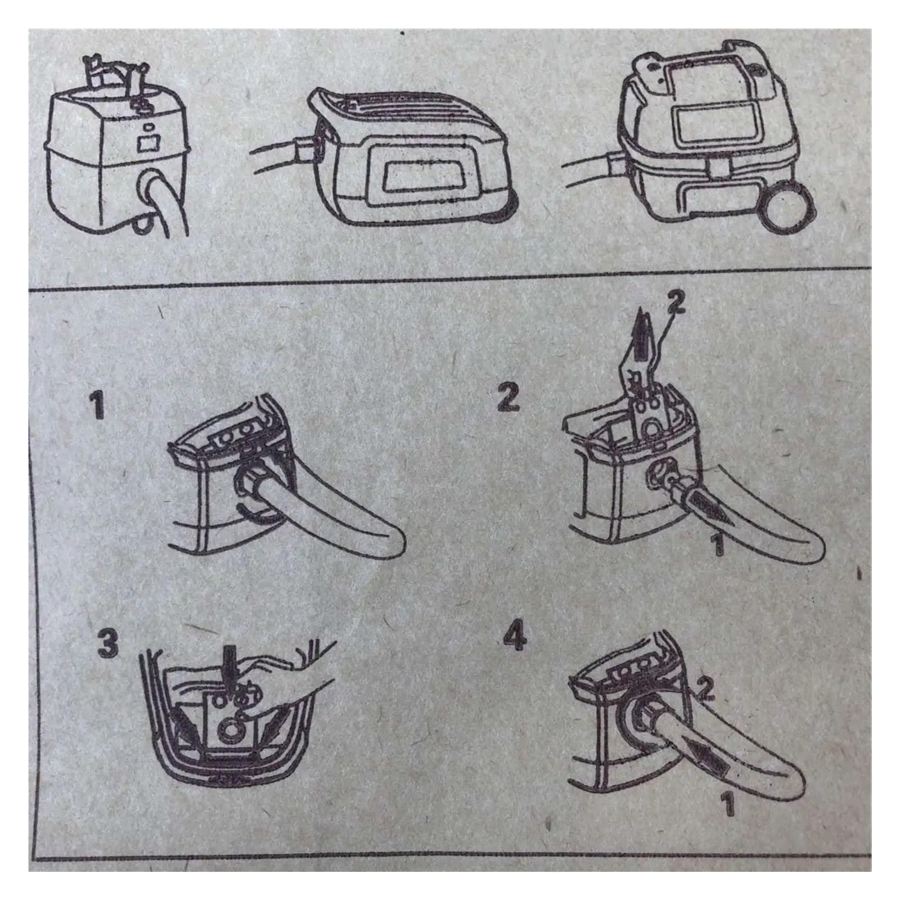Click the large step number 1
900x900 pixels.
[x=98, y=406]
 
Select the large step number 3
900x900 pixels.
[x=107, y=643]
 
